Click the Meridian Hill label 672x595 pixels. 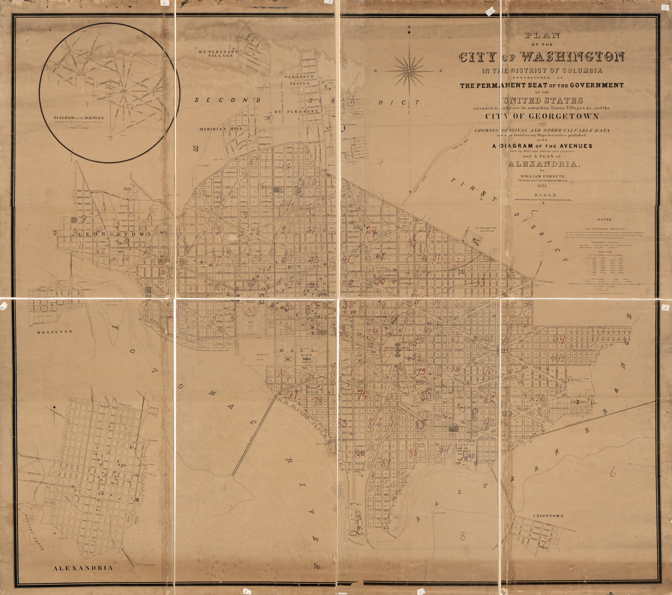(x=221, y=129)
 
